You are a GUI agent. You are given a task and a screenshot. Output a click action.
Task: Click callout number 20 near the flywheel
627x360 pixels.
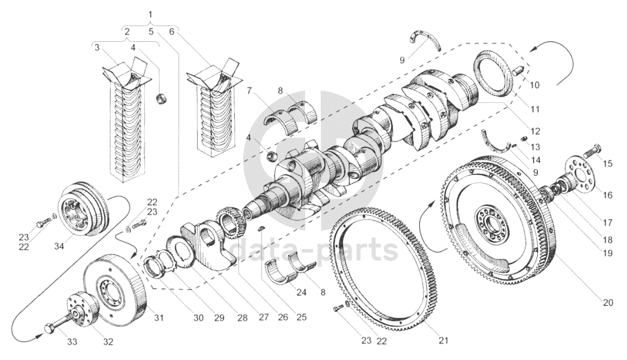point(608,303)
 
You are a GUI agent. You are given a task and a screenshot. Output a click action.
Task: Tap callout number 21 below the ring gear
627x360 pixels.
point(443,341)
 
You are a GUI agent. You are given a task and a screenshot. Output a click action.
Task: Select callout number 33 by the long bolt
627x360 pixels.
point(72,342)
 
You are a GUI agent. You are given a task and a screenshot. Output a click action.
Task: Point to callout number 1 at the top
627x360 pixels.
point(150,15)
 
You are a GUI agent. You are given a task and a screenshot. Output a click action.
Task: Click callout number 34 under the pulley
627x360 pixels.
point(59,247)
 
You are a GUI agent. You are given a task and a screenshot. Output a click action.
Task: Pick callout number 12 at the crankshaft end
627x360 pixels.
point(536,131)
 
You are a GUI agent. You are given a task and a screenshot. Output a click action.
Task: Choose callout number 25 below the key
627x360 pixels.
point(301,317)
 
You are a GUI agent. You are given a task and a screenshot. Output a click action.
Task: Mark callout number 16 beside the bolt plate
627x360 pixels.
point(607,196)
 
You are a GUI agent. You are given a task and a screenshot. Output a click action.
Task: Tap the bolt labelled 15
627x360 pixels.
point(592,150)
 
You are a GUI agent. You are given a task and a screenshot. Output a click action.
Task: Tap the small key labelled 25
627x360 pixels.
point(261,229)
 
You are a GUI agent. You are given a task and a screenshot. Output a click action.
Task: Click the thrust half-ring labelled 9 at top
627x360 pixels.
point(425,39)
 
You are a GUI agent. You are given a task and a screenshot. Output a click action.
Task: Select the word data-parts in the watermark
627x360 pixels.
point(315,249)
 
